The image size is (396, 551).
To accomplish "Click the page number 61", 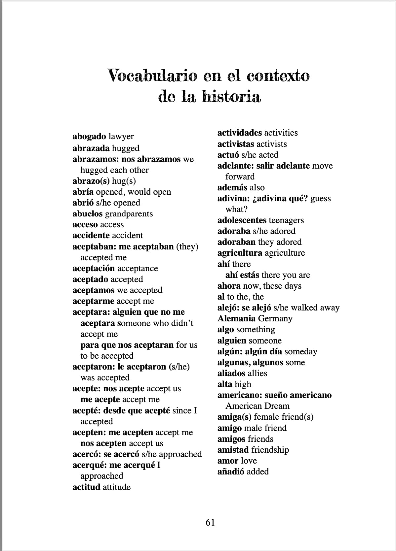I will (x=210, y=522).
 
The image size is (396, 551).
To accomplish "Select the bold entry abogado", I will (x=89, y=137).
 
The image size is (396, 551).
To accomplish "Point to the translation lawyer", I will (x=121, y=137).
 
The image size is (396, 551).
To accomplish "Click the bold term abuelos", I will (x=88, y=214).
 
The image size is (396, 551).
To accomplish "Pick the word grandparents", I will (x=129, y=214).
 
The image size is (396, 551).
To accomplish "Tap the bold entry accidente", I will (x=91, y=236).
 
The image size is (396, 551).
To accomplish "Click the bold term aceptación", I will (x=94, y=269).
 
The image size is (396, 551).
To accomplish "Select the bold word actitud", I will (x=86, y=487).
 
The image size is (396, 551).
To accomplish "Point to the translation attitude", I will (x=117, y=487).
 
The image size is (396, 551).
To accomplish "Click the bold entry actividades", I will (x=240, y=133).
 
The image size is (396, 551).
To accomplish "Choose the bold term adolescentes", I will (x=242, y=220).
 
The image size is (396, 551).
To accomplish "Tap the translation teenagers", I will (x=286, y=220).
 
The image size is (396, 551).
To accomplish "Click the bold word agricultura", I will (x=240, y=253).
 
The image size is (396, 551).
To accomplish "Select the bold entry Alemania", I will (x=236, y=319).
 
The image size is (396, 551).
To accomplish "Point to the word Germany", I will (x=275, y=319).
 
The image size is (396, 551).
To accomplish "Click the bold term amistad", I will (x=233, y=450).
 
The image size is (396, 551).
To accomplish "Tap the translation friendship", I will (x=270, y=450).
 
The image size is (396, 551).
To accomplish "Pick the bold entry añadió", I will (x=231, y=472).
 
